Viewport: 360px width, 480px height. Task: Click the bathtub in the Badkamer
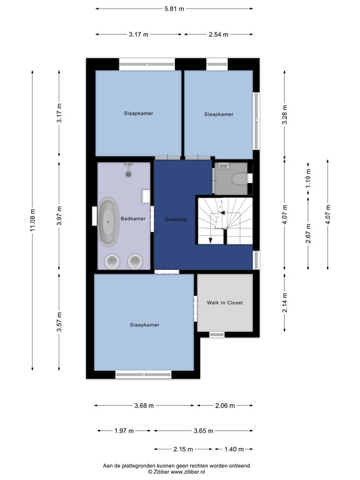107,222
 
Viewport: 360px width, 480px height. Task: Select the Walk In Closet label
225,302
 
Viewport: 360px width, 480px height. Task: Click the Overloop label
176,219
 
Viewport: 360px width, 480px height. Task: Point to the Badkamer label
133,219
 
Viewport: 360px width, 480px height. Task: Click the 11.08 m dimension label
33,221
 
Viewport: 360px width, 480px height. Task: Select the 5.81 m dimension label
174,9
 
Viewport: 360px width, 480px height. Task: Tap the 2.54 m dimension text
219,34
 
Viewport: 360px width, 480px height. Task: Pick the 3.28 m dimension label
285,114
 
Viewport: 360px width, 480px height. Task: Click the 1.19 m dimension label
308,179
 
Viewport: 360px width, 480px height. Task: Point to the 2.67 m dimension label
308,233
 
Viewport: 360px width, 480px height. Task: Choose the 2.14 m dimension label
285,302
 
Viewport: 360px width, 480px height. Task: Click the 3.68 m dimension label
144,406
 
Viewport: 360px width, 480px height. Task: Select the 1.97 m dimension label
124,431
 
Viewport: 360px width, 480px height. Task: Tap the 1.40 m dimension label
234,449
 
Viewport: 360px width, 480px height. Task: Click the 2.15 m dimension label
183,449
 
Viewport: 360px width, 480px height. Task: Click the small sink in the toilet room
224,166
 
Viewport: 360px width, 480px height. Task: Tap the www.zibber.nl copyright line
176,472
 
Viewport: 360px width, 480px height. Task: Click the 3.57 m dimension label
59,322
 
